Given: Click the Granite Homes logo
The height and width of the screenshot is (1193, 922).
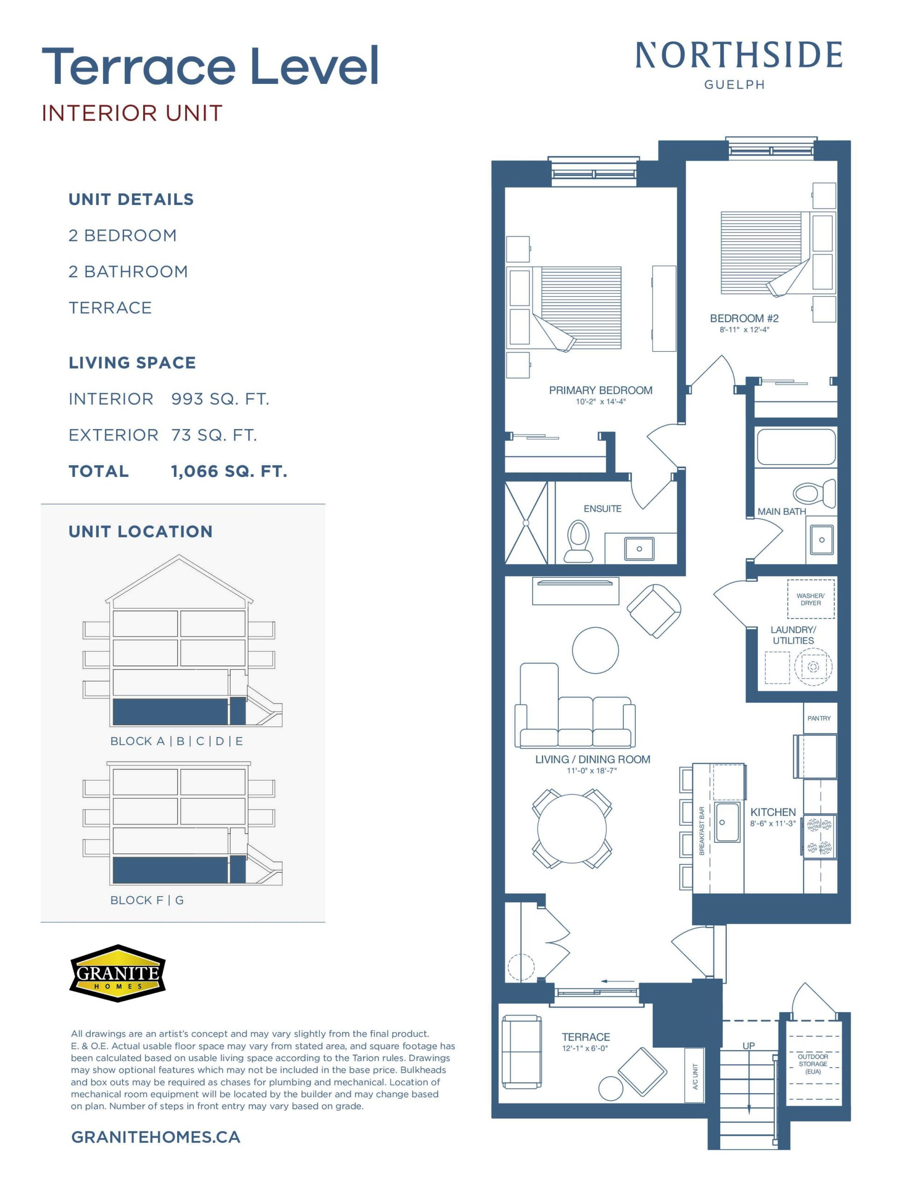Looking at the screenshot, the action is [117, 973].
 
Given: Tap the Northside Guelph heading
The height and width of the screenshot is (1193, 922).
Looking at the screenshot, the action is [738, 65].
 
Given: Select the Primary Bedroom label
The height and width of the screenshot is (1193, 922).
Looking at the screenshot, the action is [601, 390].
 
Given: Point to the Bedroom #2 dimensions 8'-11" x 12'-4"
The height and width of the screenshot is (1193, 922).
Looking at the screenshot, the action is [744, 330].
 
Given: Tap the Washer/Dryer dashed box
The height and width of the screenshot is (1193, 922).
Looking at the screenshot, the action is [811, 599].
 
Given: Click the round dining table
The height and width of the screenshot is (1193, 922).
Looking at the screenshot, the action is [571, 829].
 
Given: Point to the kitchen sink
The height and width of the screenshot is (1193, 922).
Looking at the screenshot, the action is [728, 822].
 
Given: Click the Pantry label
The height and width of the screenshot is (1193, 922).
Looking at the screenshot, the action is [819, 718].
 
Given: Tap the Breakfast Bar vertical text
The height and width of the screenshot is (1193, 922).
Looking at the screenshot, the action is [702, 830].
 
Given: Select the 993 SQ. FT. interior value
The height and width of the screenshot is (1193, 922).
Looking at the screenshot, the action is [220, 399].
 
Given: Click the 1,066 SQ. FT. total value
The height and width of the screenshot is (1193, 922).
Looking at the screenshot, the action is [229, 472].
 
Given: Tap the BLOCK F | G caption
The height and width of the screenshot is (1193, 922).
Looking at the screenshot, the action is [147, 900].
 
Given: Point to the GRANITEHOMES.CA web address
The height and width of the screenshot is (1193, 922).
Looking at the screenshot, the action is [156, 1137].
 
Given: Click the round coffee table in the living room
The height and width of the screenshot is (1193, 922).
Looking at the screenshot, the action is [595, 650].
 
